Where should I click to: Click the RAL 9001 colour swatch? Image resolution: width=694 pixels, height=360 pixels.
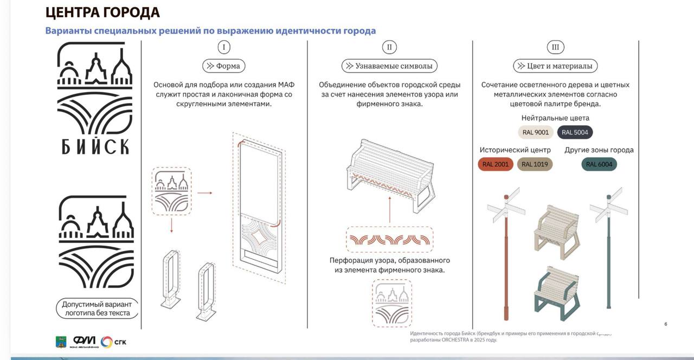tap(536, 132)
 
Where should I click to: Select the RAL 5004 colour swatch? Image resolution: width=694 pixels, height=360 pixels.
tap(575, 132)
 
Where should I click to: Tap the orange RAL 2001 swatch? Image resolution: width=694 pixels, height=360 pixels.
tap(495, 164)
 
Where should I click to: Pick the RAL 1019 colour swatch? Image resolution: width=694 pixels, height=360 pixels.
tap(535, 164)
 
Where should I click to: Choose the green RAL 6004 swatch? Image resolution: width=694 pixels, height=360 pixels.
tap(599, 164)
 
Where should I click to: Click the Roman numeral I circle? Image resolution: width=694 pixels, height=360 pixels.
tap(224, 47)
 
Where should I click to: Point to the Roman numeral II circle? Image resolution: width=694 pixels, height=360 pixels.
tap(389, 47)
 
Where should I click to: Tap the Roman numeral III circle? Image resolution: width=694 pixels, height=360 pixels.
tap(555, 47)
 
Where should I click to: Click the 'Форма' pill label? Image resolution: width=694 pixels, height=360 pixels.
tap(224, 66)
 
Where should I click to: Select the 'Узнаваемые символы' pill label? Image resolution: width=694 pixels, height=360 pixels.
tap(389, 66)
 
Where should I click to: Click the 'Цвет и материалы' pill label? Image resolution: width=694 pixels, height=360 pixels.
tap(555, 66)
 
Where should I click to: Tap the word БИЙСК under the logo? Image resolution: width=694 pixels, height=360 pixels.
tap(95, 146)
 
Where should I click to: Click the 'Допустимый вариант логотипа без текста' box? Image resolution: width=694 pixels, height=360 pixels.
tap(97, 308)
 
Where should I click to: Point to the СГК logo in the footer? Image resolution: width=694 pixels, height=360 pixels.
tap(113, 342)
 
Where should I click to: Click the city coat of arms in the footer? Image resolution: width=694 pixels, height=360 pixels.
tap(61, 342)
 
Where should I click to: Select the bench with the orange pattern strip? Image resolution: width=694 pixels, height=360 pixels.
tap(390, 175)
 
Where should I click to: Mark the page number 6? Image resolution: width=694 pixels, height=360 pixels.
tap(666, 324)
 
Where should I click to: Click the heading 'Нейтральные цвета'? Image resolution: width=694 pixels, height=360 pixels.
tap(555, 118)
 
